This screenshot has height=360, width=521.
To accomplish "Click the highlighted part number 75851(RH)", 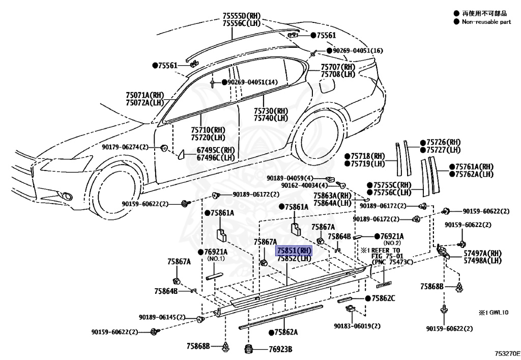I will pos(293,251).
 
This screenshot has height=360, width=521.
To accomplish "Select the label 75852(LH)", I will pos(293,258).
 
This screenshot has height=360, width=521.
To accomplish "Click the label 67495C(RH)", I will pos(216,150).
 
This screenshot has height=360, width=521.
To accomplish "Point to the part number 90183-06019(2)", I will pos(357,326).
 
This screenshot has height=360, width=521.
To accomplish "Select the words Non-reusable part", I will pos(486,22).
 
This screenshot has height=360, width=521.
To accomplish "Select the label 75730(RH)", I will pos(271,110).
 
